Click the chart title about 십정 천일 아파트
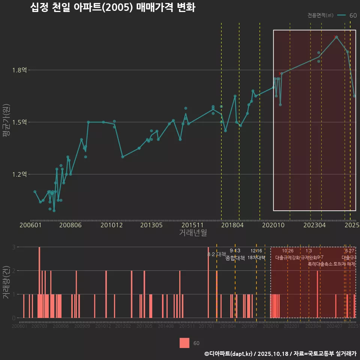click(x=112, y=8)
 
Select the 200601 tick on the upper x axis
click(x=30, y=225)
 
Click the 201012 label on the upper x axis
click(x=111, y=225)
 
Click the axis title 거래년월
click(x=193, y=233)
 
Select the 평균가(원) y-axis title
click(x=6, y=122)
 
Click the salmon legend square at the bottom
click(x=184, y=343)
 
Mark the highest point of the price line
click(x=336, y=37)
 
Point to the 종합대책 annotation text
click(x=235, y=258)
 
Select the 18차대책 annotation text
click(x=256, y=258)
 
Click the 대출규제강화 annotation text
click(x=287, y=258)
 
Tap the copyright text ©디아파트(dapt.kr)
click(x=229, y=354)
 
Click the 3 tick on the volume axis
click(x=13, y=247)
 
